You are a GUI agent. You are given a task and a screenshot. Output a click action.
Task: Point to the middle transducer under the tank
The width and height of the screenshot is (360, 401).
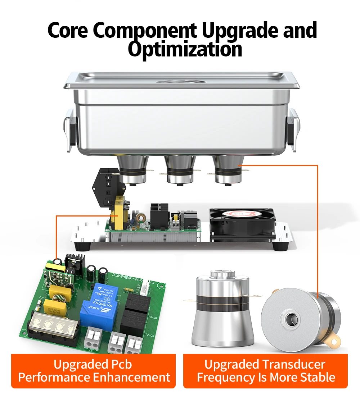179,170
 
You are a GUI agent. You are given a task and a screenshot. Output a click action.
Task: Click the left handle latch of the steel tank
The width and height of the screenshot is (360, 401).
70,130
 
